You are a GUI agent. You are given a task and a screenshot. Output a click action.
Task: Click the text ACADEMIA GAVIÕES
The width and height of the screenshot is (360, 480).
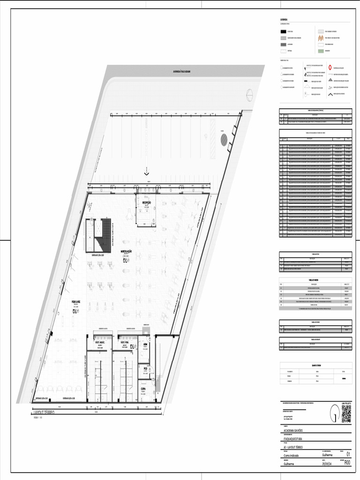293,430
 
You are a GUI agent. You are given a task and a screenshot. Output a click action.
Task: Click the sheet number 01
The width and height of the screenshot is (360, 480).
348,454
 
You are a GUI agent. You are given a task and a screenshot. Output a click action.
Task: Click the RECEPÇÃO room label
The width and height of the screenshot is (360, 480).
146,202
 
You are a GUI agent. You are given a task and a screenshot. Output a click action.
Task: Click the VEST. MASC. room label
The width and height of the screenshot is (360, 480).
102,343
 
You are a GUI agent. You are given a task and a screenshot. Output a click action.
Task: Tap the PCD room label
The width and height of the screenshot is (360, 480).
145,368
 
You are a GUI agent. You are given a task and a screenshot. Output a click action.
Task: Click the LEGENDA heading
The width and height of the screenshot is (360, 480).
285,20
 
